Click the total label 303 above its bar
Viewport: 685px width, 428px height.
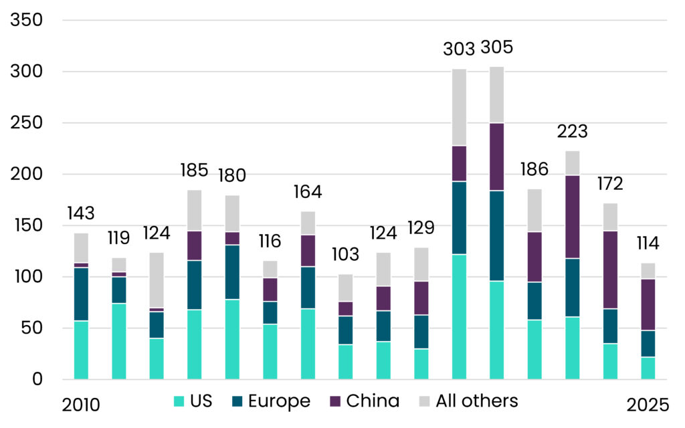click(459, 48)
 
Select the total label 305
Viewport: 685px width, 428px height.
click(497, 47)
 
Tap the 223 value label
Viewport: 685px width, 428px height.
click(573, 131)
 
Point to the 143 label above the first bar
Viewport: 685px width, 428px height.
click(81, 213)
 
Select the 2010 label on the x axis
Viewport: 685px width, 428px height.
click(81, 405)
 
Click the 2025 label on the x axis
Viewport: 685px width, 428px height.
click(648, 405)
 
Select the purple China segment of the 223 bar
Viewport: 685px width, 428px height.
click(573, 217)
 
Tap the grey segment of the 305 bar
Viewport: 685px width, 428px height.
click(497, 94)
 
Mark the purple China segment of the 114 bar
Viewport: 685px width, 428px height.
click(648, 304)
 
